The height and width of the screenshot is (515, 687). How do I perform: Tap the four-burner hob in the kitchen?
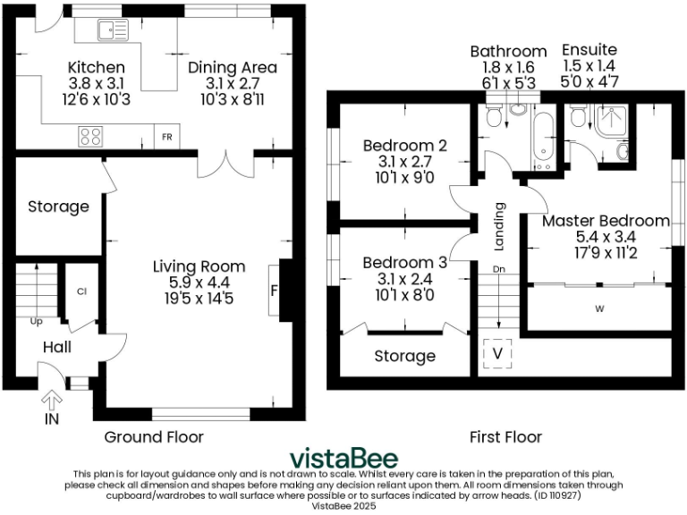(x=90, y=137)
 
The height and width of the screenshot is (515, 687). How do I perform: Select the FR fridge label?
(x=166, y=138)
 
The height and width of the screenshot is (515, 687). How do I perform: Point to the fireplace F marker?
(x=274, y=291)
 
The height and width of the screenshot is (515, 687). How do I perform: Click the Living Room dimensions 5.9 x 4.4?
(x=199, y=283)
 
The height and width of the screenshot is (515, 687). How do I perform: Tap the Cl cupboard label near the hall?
(x=81, y=291)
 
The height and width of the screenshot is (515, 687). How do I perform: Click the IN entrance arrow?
(x=52, y=401)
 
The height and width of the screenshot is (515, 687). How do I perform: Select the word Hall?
(x=57, y=347)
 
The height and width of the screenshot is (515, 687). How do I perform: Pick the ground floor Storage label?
(x=58, y=207)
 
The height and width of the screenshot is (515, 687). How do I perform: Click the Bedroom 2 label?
(x=404, y=146)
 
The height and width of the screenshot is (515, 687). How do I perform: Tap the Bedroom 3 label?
(x=404, y=263)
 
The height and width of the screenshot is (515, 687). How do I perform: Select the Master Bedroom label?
(x=606, y=221)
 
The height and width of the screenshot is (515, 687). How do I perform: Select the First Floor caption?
(x=505, y=437)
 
